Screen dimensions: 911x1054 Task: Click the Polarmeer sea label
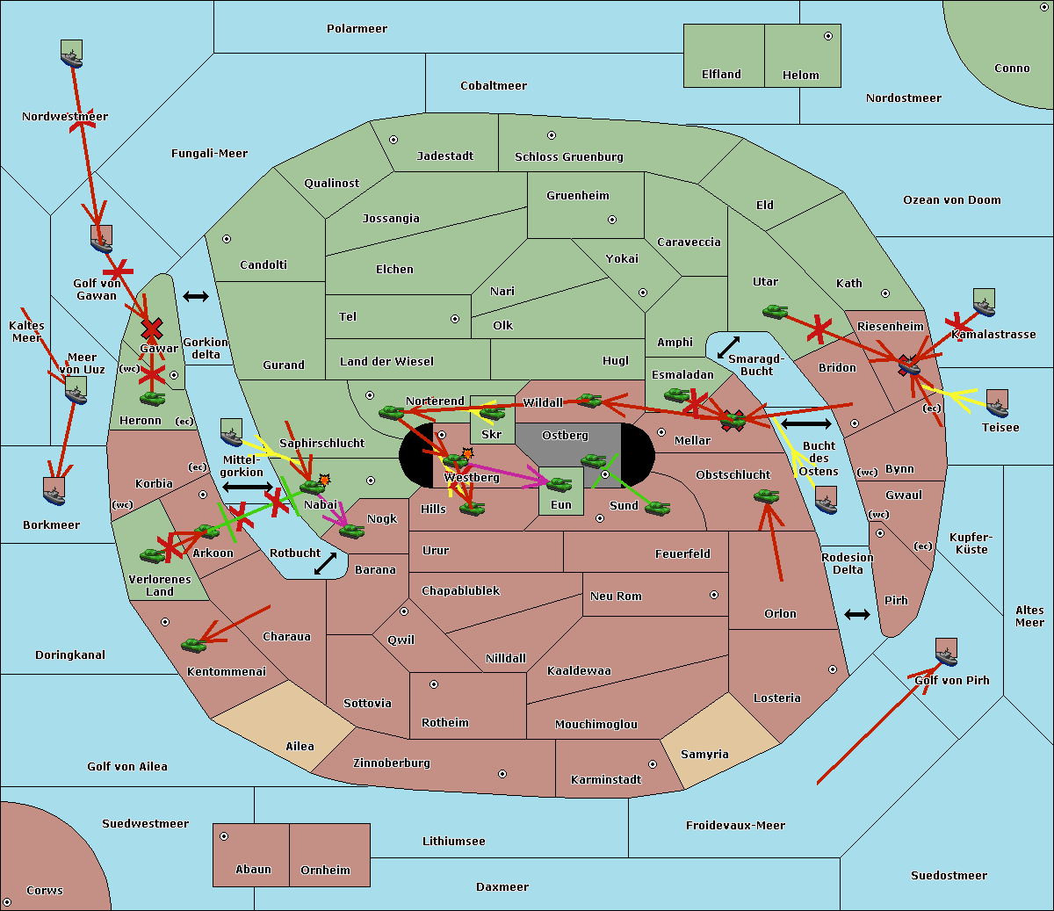[357, 29]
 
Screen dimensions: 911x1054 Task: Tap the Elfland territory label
[721, 75]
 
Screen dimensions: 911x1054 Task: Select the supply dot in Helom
[827, 36]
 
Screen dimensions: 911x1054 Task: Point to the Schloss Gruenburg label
[568, 157]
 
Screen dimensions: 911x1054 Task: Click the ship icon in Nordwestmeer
[71, 54]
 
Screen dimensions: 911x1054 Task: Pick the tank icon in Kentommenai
[193, 646]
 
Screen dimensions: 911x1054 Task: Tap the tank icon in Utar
[775, 311]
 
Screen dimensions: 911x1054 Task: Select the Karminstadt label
[606, 780]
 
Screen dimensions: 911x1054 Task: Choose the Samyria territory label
[704, 755]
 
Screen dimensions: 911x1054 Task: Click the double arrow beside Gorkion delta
[196, 297]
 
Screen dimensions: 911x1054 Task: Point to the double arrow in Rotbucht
[325, 563]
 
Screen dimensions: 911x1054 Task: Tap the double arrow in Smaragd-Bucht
[729, 347]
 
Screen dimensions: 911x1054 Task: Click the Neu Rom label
[616, 596]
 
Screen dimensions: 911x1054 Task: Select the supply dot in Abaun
[224, 836]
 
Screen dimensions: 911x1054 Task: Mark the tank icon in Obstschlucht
[766, 496]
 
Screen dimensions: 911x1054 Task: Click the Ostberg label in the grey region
[565, 436]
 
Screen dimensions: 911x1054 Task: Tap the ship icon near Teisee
[997, 403]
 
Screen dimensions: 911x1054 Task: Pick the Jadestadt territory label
[444, 156]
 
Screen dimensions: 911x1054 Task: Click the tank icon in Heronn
[153, 399]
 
